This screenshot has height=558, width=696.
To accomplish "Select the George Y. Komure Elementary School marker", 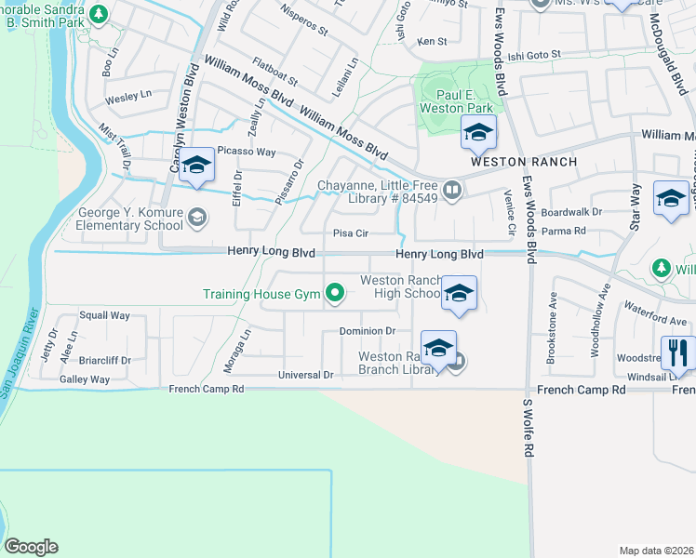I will pyautogui.click(x=196, y=218).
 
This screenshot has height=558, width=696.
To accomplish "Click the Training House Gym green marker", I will pyautogui.click(x=335, y=295).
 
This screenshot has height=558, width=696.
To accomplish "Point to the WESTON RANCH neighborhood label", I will pyautogui.click(x=524, y=162).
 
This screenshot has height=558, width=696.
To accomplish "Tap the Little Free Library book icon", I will pyautogui.click(x=452, y=190).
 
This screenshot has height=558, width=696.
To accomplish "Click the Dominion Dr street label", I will pyautogui.click(x=368, y=330).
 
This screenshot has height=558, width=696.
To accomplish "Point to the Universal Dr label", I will pyautogui.click(x=305, y=375).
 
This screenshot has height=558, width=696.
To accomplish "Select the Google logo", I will pyautogui.click(x=31, y=547).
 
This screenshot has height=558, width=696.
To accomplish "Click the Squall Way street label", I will pyautogui.click(x=104, y=315).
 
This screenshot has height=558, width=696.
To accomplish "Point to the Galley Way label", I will pyautogui.click(x=85, y=379).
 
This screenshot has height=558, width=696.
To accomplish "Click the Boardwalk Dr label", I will pyautogui.click(x=573, y=212).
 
